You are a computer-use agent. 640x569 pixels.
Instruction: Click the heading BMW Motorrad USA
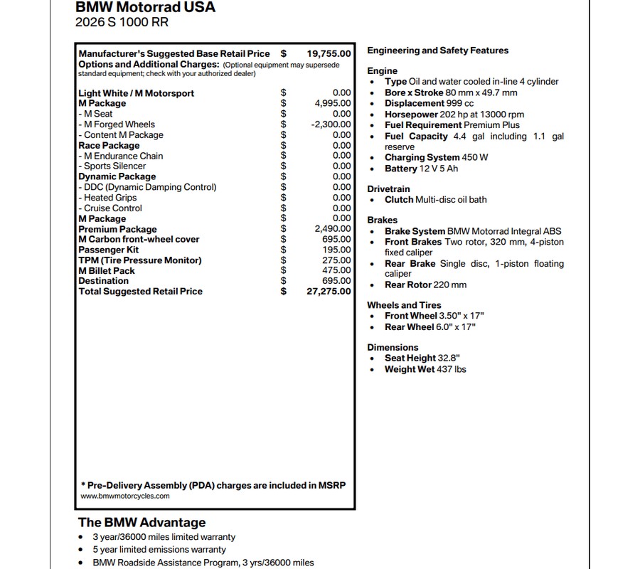(145, 8)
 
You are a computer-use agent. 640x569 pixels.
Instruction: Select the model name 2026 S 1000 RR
(122, 22)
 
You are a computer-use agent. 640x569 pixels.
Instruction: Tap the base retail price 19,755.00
(329, 53)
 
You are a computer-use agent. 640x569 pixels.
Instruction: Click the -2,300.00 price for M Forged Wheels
(331, 124)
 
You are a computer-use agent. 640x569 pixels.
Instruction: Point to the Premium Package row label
(117, 229)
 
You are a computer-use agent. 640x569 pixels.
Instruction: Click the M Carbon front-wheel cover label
(139, 240)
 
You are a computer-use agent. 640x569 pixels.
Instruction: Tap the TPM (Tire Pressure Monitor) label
(139, 260)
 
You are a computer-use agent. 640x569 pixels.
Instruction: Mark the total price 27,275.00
(329, 292)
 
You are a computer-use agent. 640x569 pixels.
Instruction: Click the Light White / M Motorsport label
(136, 93)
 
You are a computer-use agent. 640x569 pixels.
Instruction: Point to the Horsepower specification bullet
(454, 114)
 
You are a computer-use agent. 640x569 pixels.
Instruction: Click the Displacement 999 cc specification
(429, 103)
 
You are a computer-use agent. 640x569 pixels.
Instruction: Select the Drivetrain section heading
(388, 189)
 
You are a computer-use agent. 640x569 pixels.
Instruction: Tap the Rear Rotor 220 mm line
(425, 285)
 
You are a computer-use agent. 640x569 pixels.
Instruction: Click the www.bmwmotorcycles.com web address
(125, 496)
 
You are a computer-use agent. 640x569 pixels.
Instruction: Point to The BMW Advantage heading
(142, 523)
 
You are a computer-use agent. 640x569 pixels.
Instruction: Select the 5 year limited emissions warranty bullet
(159, 550)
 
